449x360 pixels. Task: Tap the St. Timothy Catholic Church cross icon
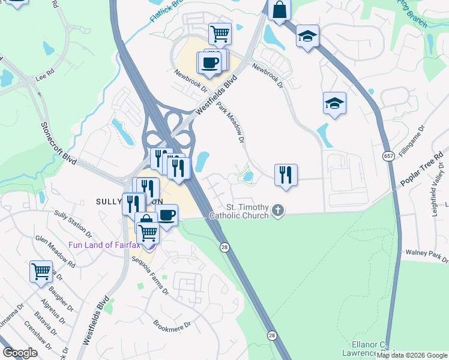pyautogui.click(x=277, y=210)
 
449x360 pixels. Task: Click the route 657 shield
pyautogui.click(x=387, y=156)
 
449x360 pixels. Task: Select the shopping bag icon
pyautogui.click(x=280, y=10)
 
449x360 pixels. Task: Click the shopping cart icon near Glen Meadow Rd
pyautogui.click(x=41, y=271)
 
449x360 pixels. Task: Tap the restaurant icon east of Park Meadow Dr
pyautogui.click(x=286, y=175)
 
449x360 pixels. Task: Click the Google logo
pyautogui.click(x=20, y=353)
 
